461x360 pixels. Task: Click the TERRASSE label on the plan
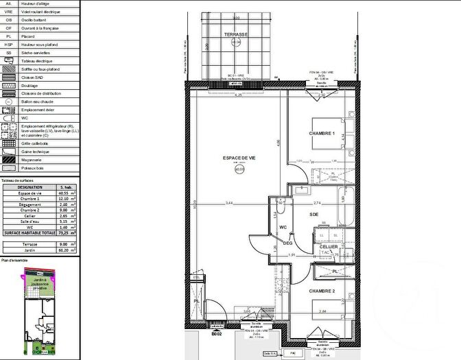[237, 34]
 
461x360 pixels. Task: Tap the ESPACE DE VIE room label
[239, 158]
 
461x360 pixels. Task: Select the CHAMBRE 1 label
[322, 134]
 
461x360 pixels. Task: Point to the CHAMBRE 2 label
[322, 291]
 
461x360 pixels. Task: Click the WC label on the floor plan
[282, 227]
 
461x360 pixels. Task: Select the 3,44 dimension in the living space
[229, 204]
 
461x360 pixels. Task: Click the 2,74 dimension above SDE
[317, 204]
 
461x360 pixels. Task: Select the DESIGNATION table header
[29, 187]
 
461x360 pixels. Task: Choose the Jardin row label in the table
[29, 250]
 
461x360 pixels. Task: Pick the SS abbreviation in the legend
[8, 52]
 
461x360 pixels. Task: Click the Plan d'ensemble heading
[14, 261]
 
